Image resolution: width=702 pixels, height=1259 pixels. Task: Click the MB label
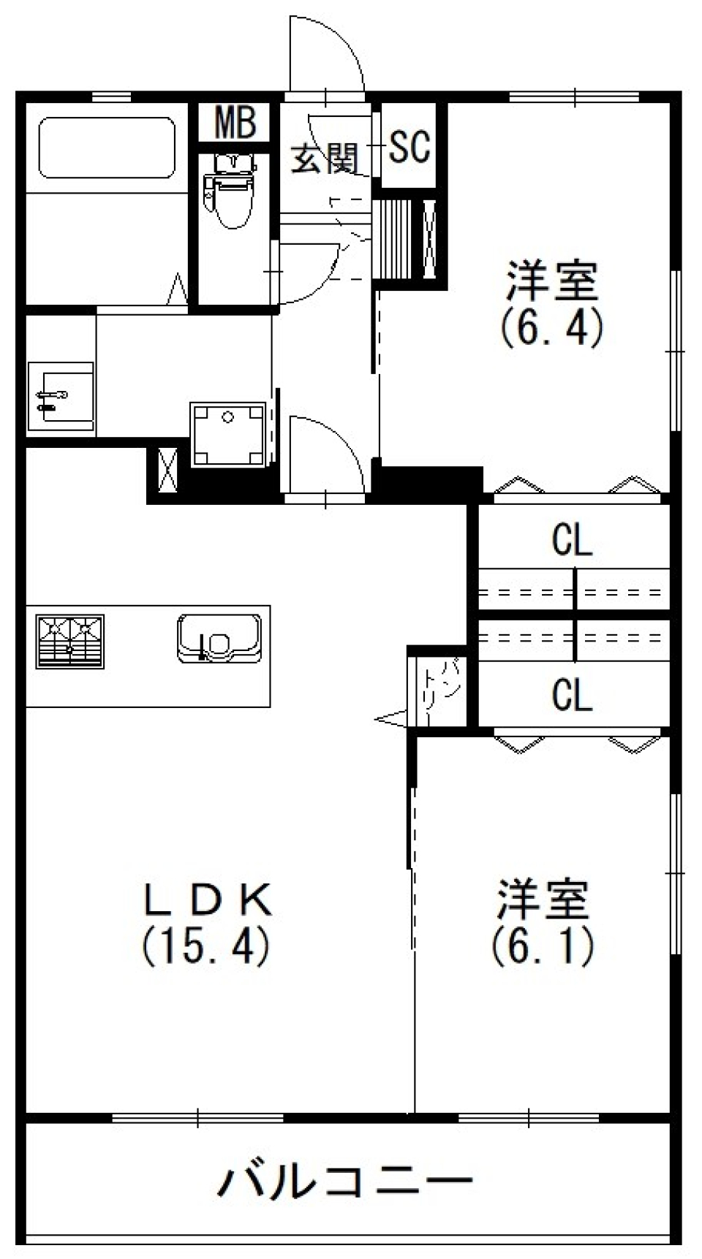[x=235, y=123]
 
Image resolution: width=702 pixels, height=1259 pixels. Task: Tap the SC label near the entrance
[x=409, y=147]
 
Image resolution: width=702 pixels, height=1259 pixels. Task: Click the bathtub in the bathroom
[x=107, y=148]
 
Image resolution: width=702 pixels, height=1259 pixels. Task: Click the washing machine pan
[x=228, y=433]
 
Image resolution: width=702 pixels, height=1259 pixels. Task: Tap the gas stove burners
[x=70, y=641]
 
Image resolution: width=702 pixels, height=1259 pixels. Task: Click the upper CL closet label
[x=572, y=541]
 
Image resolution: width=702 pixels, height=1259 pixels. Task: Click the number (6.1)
[x=543, y=946]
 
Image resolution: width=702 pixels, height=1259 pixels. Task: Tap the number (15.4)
[x=206, y=946]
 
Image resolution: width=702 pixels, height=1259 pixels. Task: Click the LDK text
[x=208, y=900]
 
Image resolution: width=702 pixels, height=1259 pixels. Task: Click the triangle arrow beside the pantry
[x=390, y=719]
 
